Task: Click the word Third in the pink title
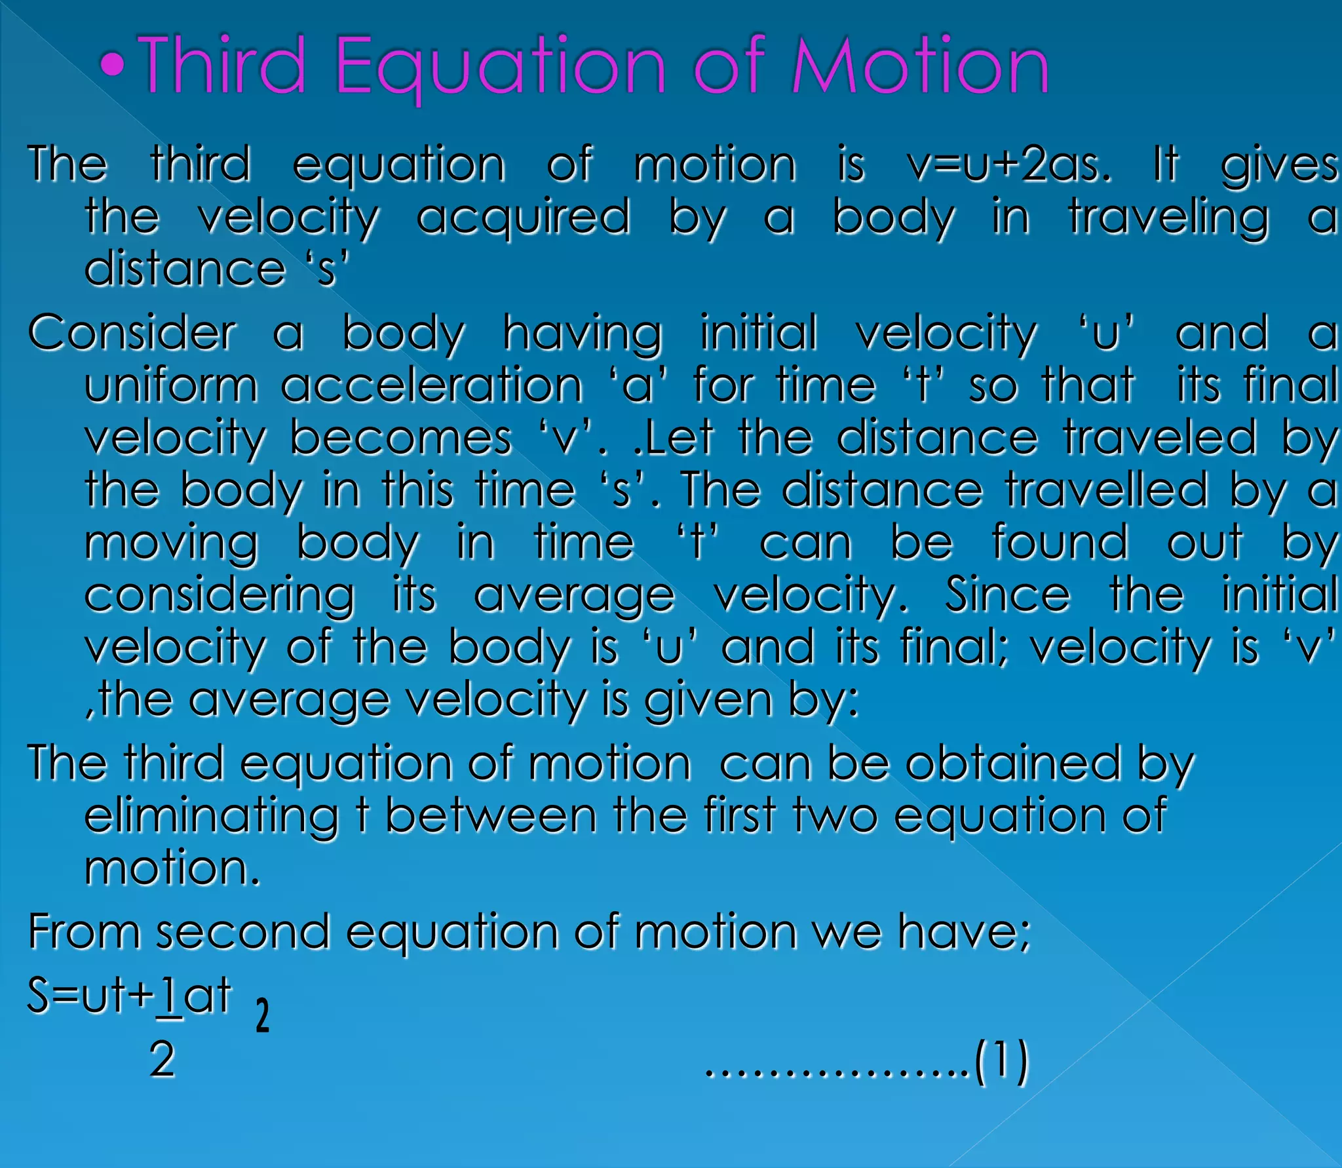point(223,66)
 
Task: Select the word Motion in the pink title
point(921,66)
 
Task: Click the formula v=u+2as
point(1010,165)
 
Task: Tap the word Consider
point(132,333)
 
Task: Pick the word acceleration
point(432,385)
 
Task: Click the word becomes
point(400,437)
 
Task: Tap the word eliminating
point(212,817)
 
